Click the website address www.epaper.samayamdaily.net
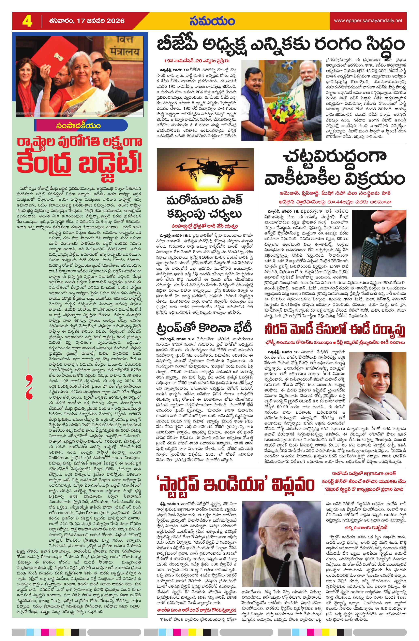coord(368,20)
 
